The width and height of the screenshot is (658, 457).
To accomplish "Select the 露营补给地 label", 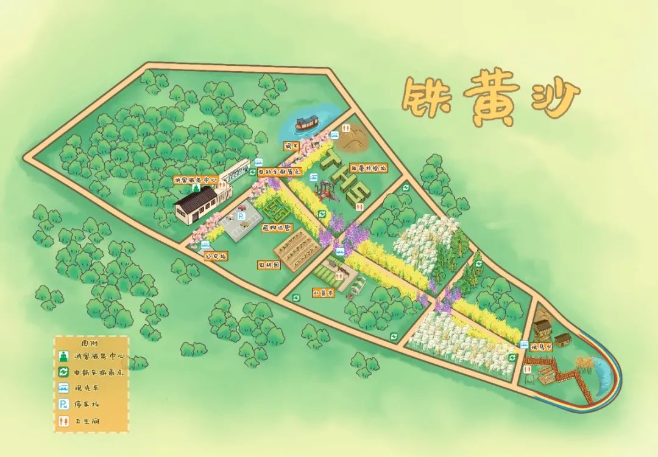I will pyautogui.click(x=368, y=167).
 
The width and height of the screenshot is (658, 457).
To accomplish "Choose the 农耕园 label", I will pyautogui.click(x=269, y=265).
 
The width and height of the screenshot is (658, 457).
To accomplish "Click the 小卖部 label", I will pyautogui.click(x=323, y=292).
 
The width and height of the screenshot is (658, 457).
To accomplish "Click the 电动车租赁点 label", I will pyautogui.click(x=279, y=172).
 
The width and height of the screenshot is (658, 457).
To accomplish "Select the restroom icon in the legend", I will pyautogui.click(x=63, y=420).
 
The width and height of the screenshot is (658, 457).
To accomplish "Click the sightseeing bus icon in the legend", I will pyautogui.click(x=63, y=388).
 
